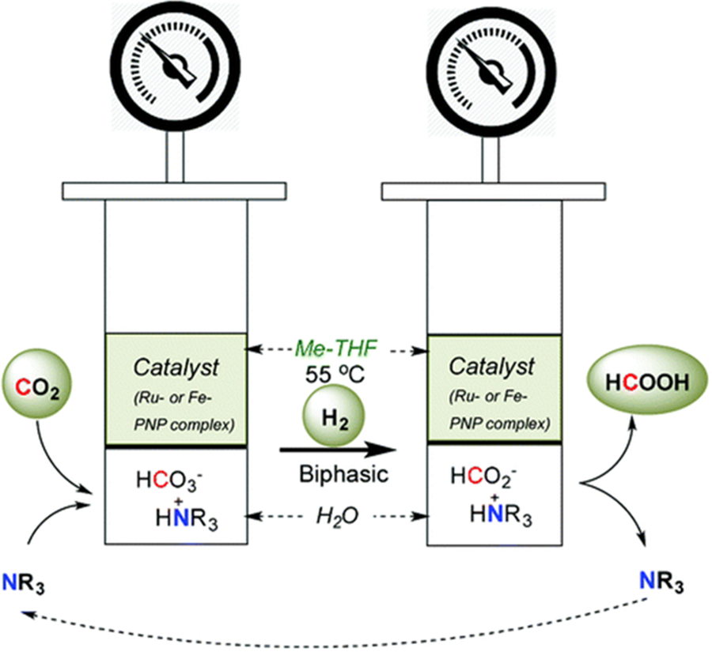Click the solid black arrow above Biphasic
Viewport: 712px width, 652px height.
coord(336,450)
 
